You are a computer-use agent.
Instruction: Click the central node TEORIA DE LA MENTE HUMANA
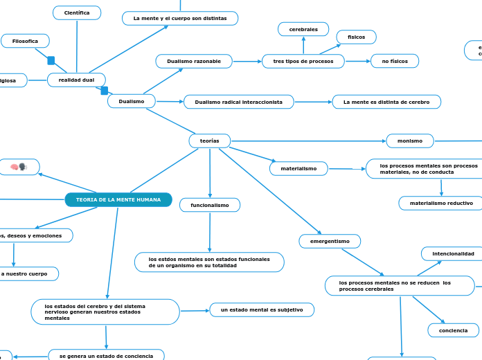[x=118, y=200]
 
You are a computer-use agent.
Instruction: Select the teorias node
[x=210, y=141]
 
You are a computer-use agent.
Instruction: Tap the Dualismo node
[x=132, y=101]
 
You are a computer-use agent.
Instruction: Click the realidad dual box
[x=76, y=80]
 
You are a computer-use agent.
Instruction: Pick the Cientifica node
[x=77, y=13]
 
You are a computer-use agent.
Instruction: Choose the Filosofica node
[x=25, y=42]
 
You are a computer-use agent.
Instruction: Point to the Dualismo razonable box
[x=194, y=62]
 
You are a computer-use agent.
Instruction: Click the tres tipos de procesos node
[x=303, y=62]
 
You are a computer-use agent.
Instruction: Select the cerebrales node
[x=303, y=29]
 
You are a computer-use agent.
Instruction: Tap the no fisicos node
[x=395, y=62]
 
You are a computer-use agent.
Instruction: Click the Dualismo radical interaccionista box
[x=239, y=102]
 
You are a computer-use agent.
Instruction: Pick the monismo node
[x=410, y=141]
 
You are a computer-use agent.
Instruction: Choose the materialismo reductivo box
[x=441, y=203]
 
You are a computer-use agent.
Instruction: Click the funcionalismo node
[x=210, y=205]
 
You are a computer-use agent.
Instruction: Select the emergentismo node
[x=330, y=241]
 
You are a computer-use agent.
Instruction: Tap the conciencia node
[x=453, y=331]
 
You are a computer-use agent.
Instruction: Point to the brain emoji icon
[x=19, y=167]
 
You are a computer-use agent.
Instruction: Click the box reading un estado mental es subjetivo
[x=262, y=309]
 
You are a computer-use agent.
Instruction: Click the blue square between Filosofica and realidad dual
[x=51, y=61]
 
